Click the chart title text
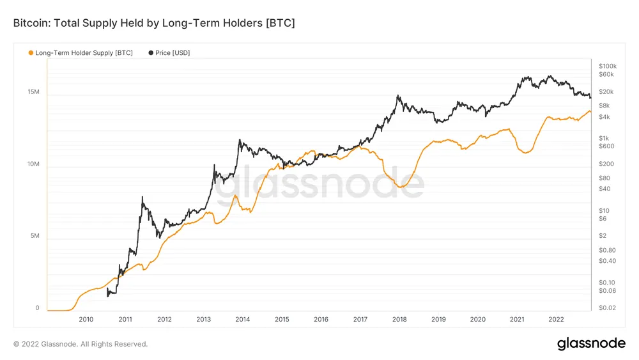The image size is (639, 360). (154, 23)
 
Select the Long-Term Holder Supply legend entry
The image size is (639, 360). (84, 52)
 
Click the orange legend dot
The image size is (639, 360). (30, 52)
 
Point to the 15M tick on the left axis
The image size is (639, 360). (33, 93)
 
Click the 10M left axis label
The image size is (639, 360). (33, 164)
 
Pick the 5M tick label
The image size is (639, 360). (35, 236)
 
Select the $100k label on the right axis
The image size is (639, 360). (607, 66)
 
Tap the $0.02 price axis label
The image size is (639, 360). (607, 308)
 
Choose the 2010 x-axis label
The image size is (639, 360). (86, 319)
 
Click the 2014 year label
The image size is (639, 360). (243, 319)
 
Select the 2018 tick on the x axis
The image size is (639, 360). (399, 319)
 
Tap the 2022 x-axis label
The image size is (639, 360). (556, 319)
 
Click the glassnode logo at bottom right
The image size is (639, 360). (591, 343)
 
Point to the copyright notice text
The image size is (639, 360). (81, 344)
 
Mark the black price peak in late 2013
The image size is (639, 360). (239, 140)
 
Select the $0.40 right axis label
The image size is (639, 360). (607, 261)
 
